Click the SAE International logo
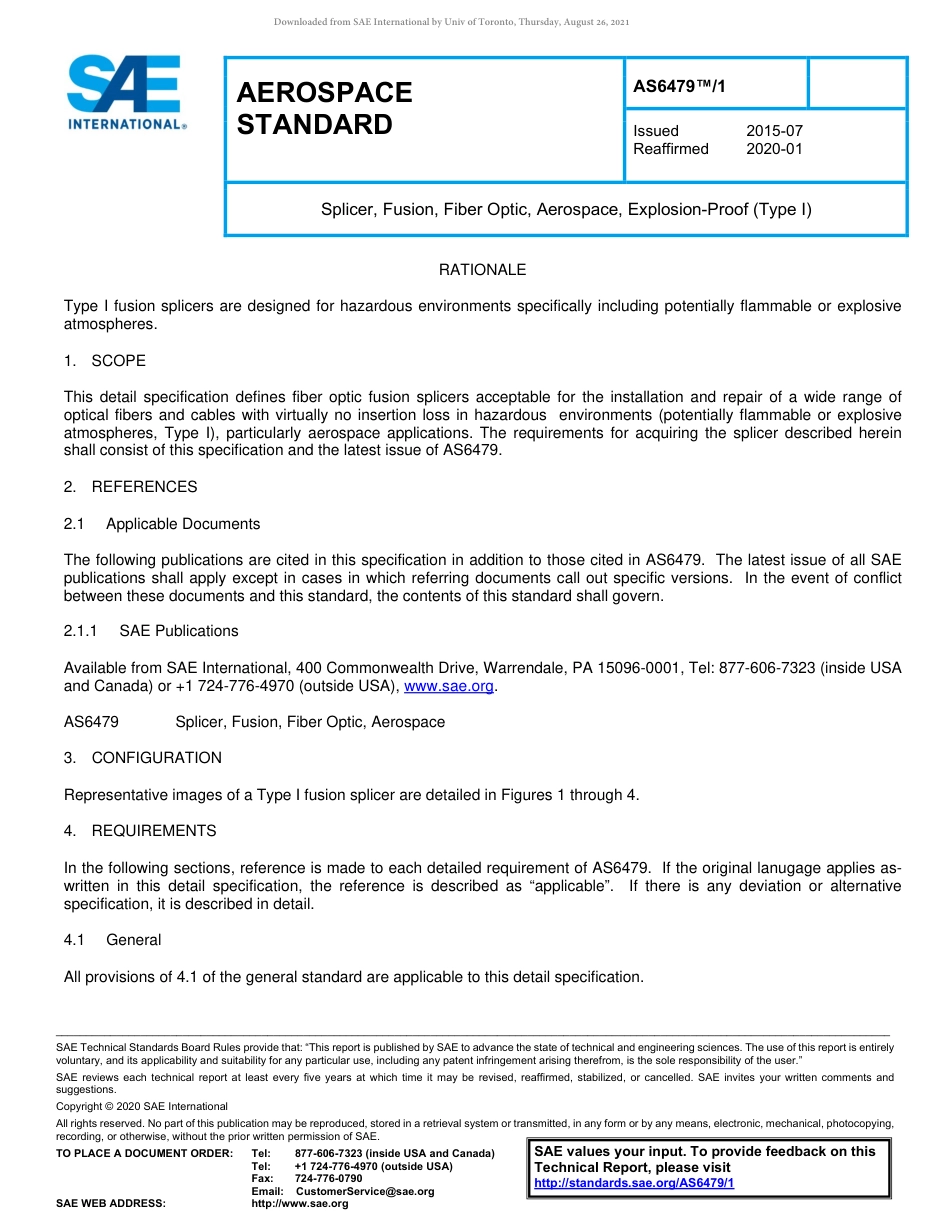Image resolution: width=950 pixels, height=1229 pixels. click(126, 92)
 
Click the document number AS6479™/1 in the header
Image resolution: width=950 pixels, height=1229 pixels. click(679, 87)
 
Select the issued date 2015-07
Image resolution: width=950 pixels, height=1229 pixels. click(774, 131)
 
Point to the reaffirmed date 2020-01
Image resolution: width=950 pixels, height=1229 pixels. click(774, 149)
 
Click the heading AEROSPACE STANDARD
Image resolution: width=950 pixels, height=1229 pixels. click(324, 108)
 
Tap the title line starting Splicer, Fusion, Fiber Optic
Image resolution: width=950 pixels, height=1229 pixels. click(566, 210)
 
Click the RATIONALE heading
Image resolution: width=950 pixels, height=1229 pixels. click(482, 270)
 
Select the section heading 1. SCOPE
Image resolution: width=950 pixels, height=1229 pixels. click(105, 360)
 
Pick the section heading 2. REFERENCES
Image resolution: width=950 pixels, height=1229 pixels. click(131, 487)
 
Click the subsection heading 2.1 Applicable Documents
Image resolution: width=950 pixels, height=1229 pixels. click(162, 524)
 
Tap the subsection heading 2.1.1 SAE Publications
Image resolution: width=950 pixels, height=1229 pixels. click(151, 631)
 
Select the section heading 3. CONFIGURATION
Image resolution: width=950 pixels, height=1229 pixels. click(143, 758)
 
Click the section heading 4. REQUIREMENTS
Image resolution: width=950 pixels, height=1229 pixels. click(140, 831)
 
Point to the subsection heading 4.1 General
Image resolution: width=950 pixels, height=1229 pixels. click(112, 940)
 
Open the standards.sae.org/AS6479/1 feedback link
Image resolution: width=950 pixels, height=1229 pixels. click(634, 1183)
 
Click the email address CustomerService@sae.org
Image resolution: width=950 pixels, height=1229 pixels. click(364, 1192)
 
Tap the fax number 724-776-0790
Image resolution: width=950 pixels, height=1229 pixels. click(328, 1179)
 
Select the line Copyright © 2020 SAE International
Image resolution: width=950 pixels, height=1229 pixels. click(142, 1106)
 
